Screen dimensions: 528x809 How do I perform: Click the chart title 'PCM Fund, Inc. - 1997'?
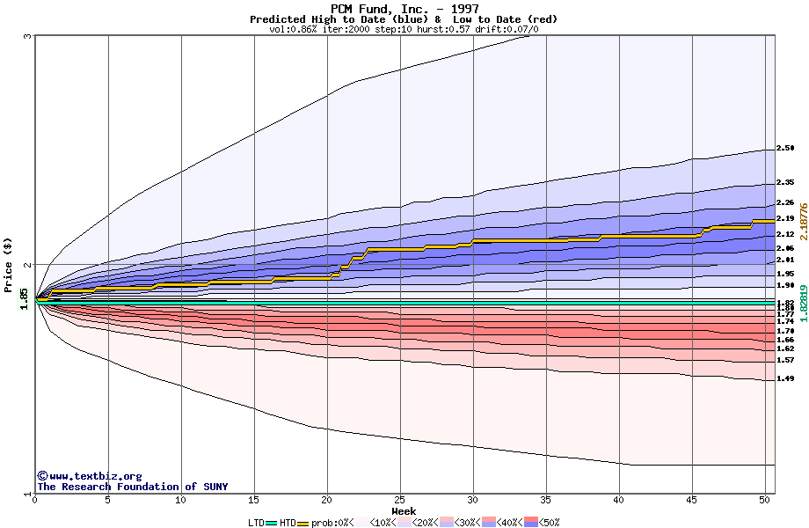point(404,9)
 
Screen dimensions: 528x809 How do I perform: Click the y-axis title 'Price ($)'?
point(9,264)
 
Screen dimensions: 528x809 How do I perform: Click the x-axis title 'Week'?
point(404,511)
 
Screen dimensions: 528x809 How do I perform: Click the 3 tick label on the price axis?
point(28,36)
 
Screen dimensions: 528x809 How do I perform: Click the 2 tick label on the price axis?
point(28,265)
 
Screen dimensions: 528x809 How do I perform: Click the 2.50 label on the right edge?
point(785,149)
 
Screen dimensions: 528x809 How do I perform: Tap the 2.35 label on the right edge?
point(785,182)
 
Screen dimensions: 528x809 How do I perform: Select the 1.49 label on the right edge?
point(785,379)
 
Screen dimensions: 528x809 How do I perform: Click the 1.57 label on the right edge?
point(785,360)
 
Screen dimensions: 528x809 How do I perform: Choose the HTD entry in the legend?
point(288,522)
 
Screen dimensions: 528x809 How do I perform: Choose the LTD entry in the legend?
point(256,522)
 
